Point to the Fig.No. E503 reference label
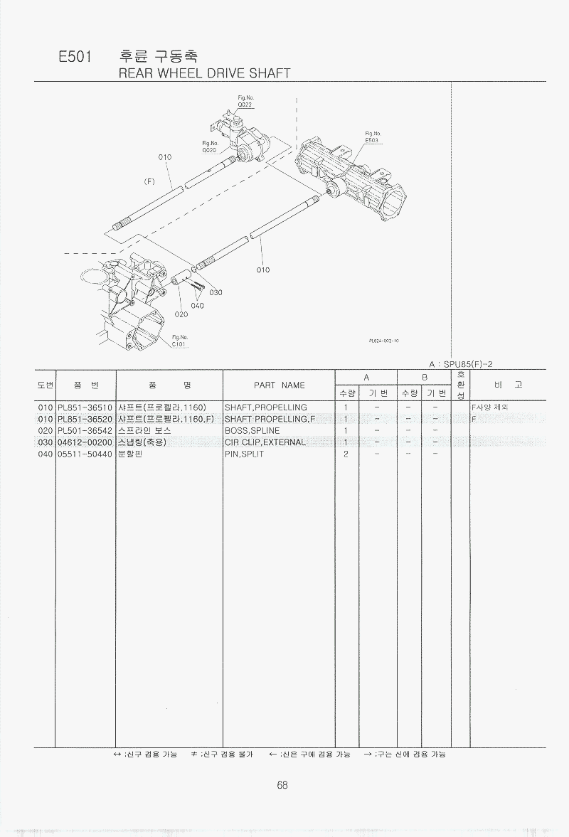pos(373,137)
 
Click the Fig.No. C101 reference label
pos(179,341)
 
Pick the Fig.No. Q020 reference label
pos(209,147)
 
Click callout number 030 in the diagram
pos(216,292)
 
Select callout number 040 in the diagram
pos(197,306)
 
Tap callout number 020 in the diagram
pos(181,314)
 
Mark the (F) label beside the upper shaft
pos(149,181)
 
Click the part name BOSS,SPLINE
pos(252,430)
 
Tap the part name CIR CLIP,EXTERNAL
pos(265,442)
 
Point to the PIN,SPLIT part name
pos(244,454)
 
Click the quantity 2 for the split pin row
pos(346,454)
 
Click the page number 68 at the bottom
pos(282,785)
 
